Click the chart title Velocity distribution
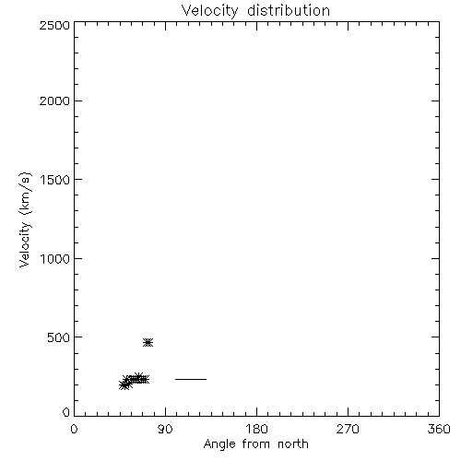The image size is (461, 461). click(255, 11)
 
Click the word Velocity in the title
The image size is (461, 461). click(210, 11)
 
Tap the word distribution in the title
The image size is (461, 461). click(289, 10)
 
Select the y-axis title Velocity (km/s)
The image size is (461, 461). click(25, 219)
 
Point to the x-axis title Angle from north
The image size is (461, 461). click(256, 444)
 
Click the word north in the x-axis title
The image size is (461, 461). click(293, 443)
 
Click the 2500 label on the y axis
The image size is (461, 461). click(54, 25)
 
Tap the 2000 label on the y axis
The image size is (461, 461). click(54, 100)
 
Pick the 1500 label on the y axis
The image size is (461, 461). click(55, 180)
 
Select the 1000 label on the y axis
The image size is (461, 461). click(55, 258)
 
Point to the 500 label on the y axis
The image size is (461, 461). click(59, 337)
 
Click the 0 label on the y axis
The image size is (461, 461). click(66, 412)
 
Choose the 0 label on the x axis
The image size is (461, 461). click(74, 429)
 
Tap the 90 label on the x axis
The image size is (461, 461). click(165, 429)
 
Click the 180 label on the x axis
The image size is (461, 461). click(256, 429)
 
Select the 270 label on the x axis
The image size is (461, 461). click(348, 429)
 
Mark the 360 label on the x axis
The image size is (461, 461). click(439, 429)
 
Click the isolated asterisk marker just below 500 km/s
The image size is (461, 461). click(148, 342)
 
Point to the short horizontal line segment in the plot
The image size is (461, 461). click(191, 379)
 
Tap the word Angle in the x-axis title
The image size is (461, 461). click(219, 444)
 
